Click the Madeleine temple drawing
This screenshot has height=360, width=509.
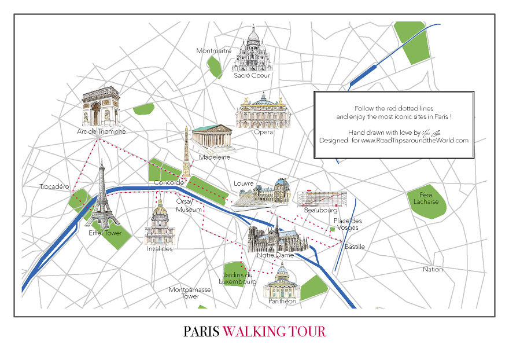(x=212, y=139)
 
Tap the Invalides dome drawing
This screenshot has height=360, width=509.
(x=160, y=223)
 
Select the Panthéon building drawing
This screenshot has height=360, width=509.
(x=282, y=282)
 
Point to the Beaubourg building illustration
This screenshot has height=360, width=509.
(x=322, y=199)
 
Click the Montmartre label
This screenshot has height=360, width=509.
(x=213, y=51)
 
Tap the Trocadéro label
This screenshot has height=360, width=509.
(x=54, y=186)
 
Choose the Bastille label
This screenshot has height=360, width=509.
(x=355, y=247)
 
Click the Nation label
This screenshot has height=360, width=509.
(x=433, y=269)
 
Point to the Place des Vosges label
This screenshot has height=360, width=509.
(x=348, y=224)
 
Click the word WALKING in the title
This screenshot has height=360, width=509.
(x=274, y=332)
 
